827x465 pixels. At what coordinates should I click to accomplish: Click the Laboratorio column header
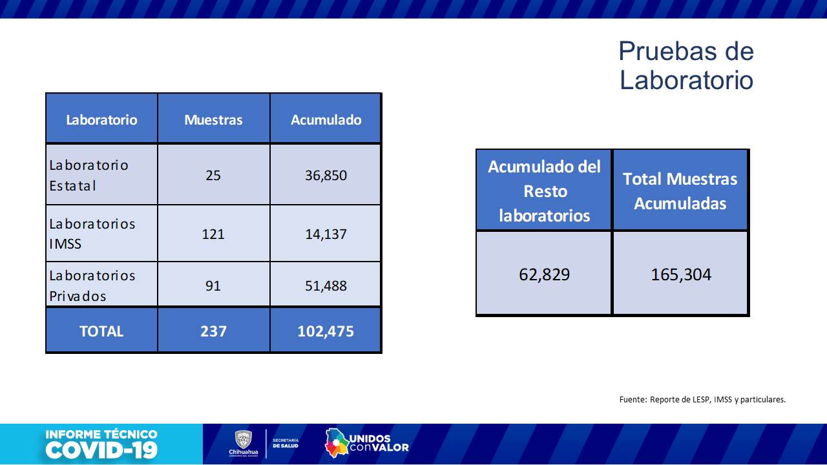[101, 119]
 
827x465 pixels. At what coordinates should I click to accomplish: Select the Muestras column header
[213, 119]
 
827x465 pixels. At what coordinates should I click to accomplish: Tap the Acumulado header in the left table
[326, 119]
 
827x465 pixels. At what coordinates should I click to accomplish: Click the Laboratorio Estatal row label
[89, 175]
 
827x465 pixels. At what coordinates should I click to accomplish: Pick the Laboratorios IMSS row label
[92, 234]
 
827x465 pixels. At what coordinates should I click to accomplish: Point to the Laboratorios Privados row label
[92, 285]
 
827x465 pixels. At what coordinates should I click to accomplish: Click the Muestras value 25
[213, 175]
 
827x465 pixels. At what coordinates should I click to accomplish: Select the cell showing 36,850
[326, 175]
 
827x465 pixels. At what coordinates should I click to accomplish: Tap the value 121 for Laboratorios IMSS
[213, 234]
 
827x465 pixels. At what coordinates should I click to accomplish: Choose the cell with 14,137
[326, 234]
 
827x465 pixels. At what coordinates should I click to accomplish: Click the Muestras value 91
[213, 285]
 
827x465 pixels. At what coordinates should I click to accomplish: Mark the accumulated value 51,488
[326, 285]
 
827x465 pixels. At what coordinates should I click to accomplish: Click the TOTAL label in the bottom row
[101, 331]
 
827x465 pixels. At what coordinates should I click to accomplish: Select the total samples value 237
[213, 331]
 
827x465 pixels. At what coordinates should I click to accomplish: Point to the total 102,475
[326, 331]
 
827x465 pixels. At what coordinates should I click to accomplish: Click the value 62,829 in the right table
[544, 274]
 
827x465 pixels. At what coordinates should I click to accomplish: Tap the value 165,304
[680, 274]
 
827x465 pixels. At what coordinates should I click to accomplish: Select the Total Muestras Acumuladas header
[680, 191]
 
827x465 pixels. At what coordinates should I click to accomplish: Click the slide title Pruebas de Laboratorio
[686, 65]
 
